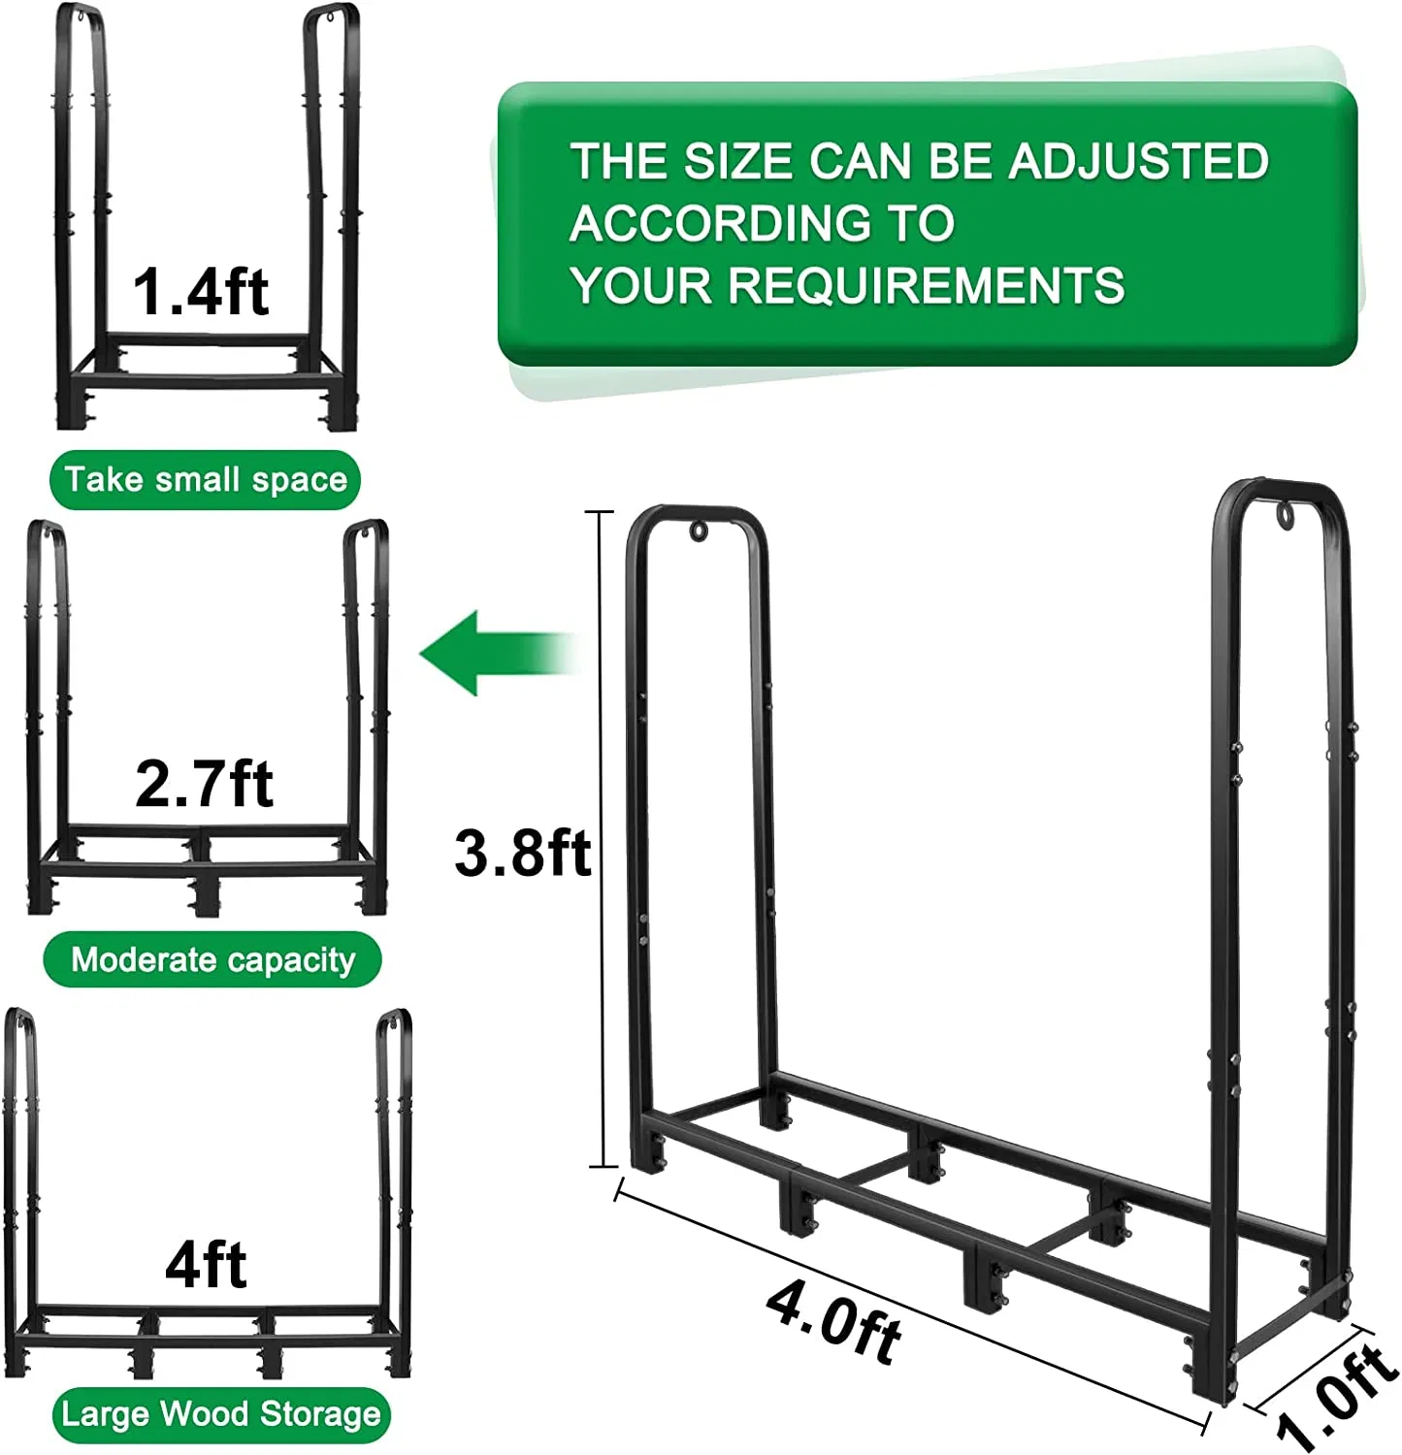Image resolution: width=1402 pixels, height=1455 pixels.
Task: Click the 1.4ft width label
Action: [x=200, y=292]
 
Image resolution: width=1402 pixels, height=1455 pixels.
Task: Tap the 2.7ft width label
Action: [x=204, y=783]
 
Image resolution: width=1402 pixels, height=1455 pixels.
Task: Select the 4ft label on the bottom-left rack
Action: [x=206, y=1264]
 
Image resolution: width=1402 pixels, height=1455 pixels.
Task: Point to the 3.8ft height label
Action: [x=522, y=853]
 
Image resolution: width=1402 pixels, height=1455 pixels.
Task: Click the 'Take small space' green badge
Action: [x=205, y=479]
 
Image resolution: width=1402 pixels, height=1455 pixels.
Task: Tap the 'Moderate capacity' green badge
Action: [x=212, y=959]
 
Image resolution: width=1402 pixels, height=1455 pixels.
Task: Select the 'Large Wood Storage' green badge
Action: [x=220, y=1413]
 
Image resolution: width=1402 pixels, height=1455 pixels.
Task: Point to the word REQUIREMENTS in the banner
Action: [x=927, y=285]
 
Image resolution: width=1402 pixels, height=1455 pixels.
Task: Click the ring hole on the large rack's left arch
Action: [x=699, y=532]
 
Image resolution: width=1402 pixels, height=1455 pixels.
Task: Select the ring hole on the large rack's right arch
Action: [x=1287, y=515]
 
